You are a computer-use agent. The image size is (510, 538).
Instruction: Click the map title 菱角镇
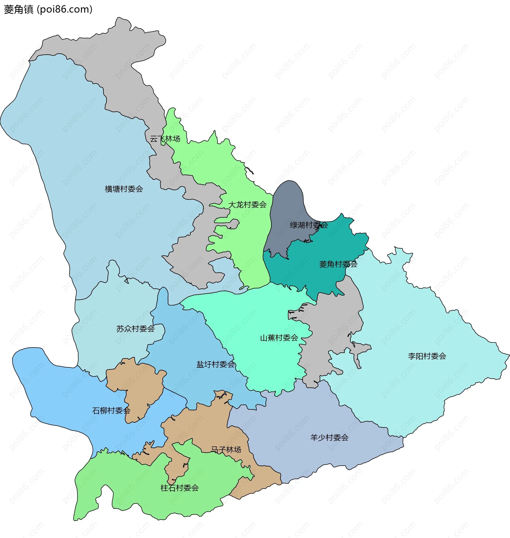[19, 10]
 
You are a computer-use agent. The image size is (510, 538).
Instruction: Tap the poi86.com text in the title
[65, 10]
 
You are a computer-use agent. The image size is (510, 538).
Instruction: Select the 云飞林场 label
[165, 139]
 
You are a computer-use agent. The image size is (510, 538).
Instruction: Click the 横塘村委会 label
[124, 189]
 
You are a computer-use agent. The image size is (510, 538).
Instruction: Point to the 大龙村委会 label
[247, 205]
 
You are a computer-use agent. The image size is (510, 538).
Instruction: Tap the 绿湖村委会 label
[309, 225]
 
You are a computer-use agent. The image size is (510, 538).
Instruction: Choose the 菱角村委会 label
[338, 264]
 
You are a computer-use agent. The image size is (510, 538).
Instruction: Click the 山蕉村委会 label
[279, 338]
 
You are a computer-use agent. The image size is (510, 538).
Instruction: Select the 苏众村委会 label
[135, 329]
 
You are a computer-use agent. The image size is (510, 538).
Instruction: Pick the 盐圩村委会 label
[216, 365]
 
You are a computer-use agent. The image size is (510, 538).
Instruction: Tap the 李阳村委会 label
[427, 356]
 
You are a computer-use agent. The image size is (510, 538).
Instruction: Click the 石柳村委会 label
[111, 411]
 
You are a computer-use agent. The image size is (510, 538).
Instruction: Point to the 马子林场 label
[226, 450]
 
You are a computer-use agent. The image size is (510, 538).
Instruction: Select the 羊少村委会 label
[329, 438]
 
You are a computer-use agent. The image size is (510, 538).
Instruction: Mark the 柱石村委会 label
[180, 488]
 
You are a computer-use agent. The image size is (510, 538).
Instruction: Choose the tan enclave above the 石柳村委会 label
[136, 381]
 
